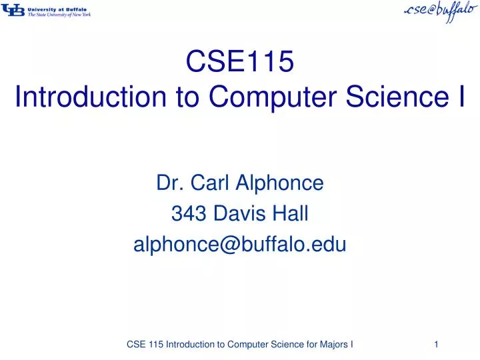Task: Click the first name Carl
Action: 207,182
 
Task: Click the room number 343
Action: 188,213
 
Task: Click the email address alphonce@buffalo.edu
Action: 240,245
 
